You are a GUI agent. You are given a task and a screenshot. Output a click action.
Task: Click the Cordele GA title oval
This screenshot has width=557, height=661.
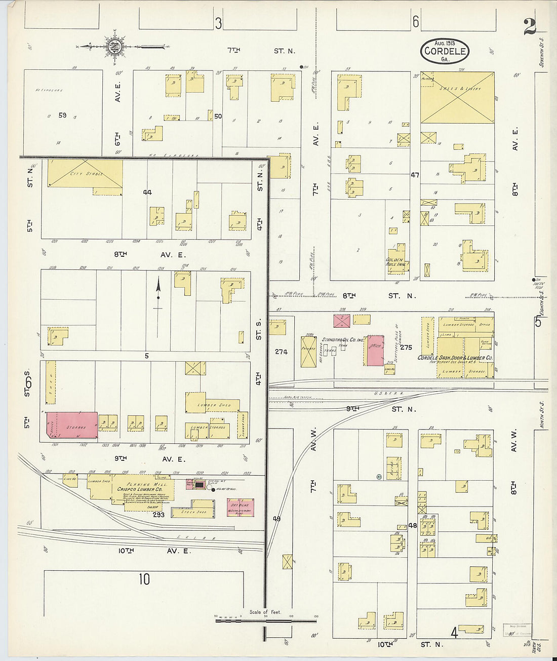(445, 51)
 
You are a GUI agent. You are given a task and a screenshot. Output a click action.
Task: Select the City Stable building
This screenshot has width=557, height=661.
(85, 174)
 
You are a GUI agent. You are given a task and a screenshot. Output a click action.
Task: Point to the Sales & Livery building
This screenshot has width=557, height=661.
(457, 97)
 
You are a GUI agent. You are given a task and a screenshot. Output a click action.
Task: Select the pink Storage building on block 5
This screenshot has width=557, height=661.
(72, 424)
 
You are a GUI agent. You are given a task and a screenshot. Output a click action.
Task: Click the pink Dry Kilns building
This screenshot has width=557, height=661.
(240, 508)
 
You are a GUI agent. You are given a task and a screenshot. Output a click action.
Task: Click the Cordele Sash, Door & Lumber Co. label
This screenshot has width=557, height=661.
(455, 358)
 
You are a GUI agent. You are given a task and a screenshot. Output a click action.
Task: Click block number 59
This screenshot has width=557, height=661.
(62, 115)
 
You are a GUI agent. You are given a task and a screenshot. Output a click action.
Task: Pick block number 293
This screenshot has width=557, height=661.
(158, 514)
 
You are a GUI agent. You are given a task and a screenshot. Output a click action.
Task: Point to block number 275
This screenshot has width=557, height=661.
(406, 347)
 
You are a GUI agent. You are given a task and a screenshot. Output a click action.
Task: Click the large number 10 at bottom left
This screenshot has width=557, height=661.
(144, 579)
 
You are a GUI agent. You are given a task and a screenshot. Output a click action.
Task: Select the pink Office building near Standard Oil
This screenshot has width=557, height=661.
(375, 350)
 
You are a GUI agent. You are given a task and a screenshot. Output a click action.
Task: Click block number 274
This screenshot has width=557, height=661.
(281, 352)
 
